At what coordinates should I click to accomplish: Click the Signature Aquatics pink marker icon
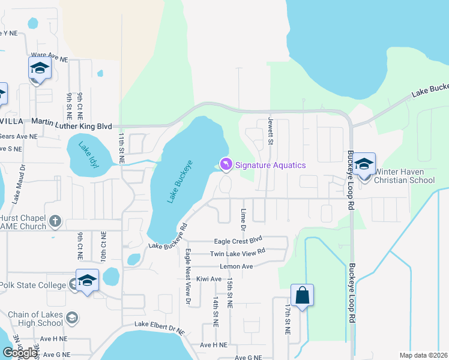pos(226,163)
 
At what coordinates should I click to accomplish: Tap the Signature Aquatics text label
pos(270,165)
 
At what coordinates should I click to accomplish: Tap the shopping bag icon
pos(302,295)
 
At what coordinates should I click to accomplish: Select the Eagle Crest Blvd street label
pos(239,239)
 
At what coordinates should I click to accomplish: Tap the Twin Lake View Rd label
pos(238,253)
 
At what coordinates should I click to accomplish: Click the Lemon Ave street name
pos(237,266)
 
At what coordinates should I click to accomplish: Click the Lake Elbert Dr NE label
pos(160,325)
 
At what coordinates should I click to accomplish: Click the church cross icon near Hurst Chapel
pos(55,221)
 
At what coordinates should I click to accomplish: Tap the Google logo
pos(20,353)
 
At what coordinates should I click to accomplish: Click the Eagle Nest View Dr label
pos(187,277)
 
